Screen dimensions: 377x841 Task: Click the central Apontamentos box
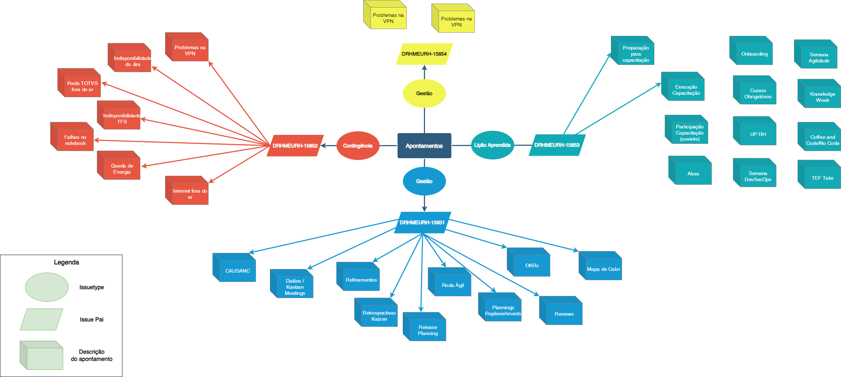click(424, 146)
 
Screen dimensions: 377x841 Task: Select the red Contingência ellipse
click(358, 146)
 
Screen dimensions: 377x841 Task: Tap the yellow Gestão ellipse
click(424, 93)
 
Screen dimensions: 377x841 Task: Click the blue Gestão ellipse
click(424, 181)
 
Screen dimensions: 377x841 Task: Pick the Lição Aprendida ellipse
click(492, 145)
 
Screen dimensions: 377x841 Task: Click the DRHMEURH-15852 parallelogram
click(295, 146)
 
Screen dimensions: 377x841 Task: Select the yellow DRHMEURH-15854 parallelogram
click(424, 54)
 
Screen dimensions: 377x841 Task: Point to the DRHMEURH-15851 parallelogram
click(422, 222)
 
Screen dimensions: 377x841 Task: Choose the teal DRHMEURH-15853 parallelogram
click(557, 145)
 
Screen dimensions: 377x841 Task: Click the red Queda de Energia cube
click(122, 169)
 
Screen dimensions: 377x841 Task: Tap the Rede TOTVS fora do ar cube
click(82, 86)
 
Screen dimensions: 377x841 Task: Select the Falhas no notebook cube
click(75, 140)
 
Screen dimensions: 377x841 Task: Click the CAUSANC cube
click(237, 271)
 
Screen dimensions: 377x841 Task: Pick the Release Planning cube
click(427, 330)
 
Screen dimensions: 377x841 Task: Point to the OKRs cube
click(532, 265)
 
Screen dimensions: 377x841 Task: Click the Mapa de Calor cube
click(603, 269)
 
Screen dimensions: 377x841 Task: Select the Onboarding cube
click(754, 54)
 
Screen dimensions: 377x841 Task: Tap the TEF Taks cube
click(822, 178)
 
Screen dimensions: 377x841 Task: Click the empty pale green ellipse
click(47, 287)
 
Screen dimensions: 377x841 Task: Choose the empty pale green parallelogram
click(41, 319)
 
